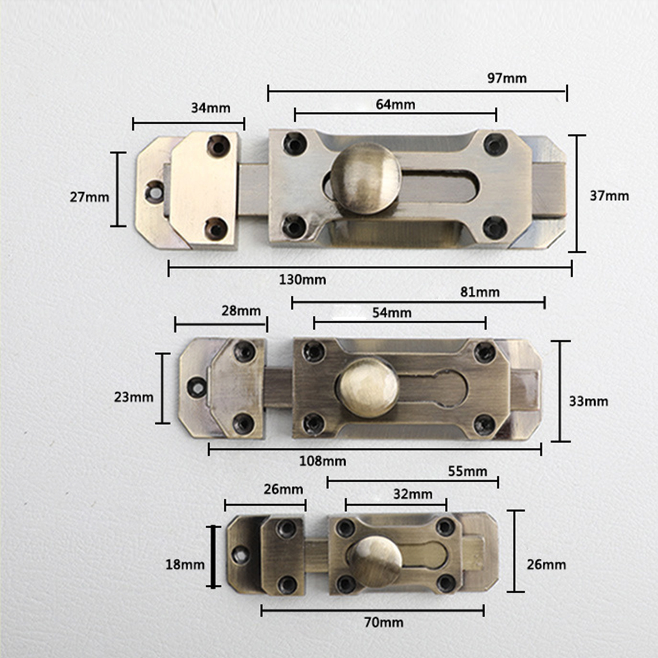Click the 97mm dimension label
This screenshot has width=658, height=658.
point(507,78)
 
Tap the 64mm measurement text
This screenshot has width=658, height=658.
point(395,104)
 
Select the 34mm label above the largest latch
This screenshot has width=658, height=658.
point(211,108)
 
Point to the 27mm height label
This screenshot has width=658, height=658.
point(89,197)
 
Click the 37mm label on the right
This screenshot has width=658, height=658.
point(609,195)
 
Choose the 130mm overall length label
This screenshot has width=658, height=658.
point(303,280)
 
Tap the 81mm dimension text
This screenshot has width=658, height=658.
point(480,292)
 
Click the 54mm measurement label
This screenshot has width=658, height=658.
point(392,313)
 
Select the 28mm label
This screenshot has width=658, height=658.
point(241,311)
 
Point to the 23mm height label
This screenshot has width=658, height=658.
point(134,397)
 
